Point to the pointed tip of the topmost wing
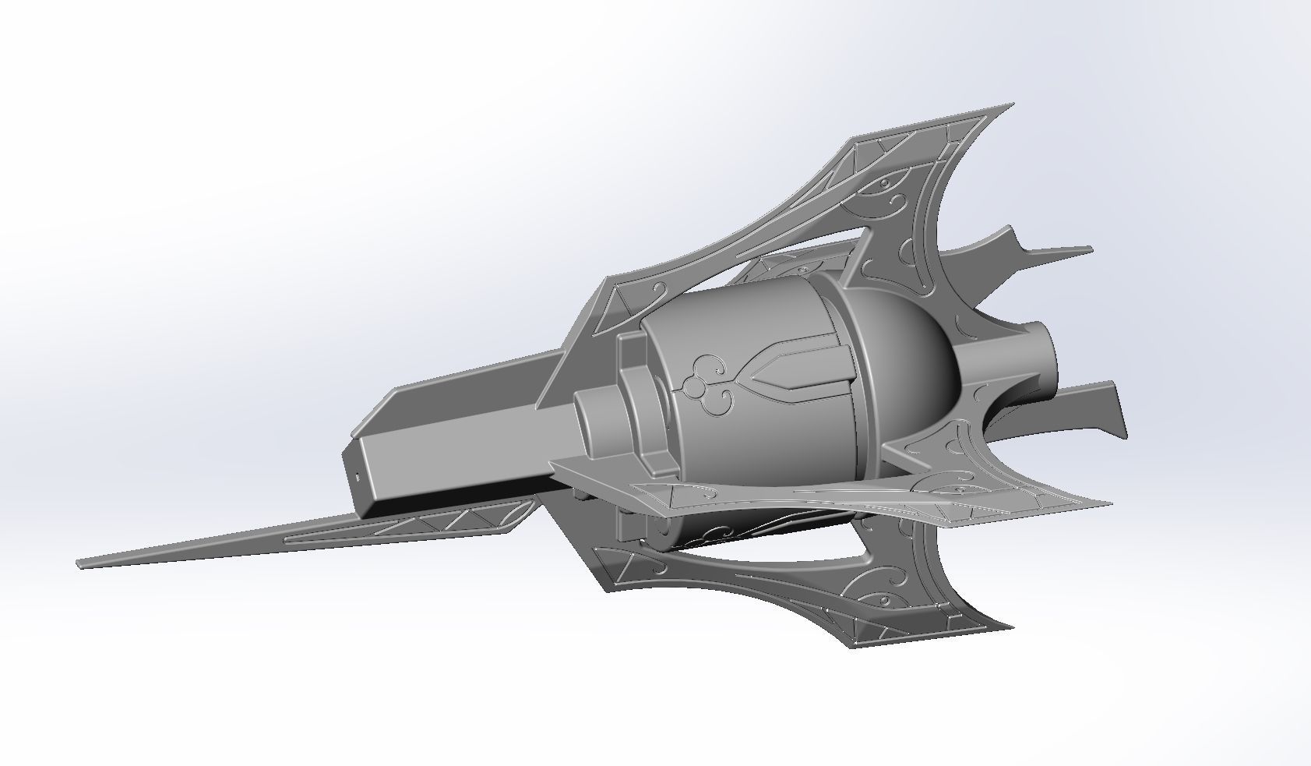[1011, 104]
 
